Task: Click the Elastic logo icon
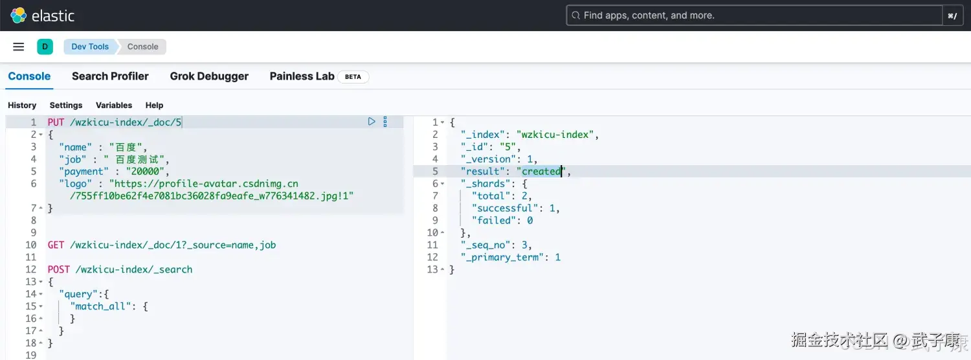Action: [18, 15]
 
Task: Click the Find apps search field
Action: [754, 16]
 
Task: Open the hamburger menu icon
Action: [18, 47]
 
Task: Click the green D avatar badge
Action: [45, 47]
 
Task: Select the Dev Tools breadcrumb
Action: [90, 47]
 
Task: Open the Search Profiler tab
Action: [110, 76]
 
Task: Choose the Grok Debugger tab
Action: [209, 76]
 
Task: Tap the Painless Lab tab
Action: [302, 76]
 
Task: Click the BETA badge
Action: [353, 77]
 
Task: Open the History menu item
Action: [22, 106]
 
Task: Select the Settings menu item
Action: [66, 106]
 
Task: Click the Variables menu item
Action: [114, 106]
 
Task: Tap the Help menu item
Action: [154, 106]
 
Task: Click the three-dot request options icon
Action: [385, 122]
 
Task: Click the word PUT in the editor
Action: [56, 122]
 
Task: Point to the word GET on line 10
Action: [56, 245]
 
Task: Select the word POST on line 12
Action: [58, 270]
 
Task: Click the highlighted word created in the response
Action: [541, 172]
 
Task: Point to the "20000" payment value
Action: [145, 172]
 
